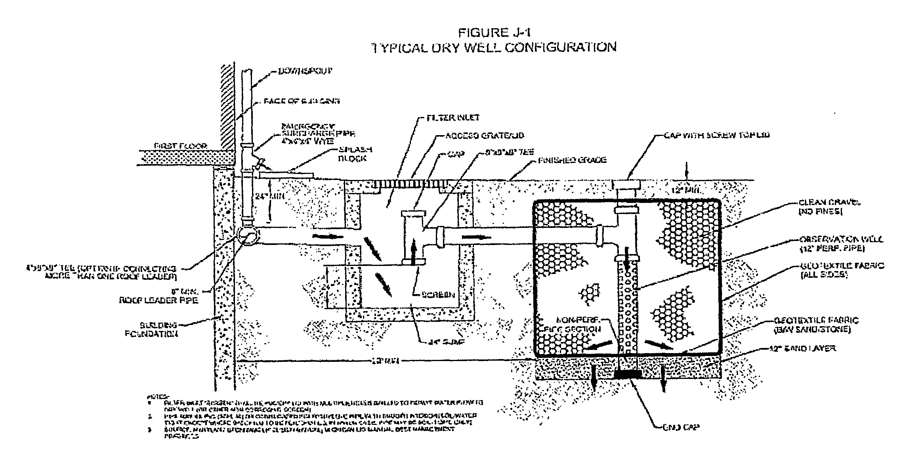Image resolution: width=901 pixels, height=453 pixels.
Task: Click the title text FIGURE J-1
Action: click(x=494, y=32)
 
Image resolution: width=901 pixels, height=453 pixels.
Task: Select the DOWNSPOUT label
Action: click(x=305, y=71)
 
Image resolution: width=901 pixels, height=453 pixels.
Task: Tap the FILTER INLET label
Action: click(x=453, y=117)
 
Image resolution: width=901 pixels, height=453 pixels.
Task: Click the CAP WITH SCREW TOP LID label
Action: click(x=716, y=135)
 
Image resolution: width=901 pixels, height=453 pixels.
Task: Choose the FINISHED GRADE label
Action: click(x=572, y=160)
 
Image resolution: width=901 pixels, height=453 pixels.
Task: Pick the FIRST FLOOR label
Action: click(x=186, y=146)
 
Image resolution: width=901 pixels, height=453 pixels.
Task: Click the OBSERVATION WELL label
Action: click(x=840, y=244)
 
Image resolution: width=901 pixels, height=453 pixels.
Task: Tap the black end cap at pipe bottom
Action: click(x=629, y=374)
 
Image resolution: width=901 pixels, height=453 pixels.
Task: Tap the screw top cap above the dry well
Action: click(x=627, y=184)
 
